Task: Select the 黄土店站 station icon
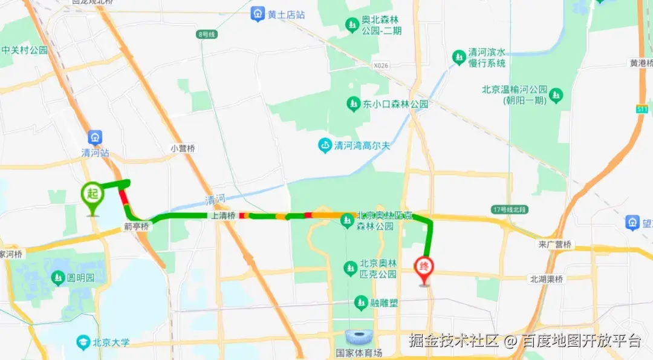[x=258, y=14]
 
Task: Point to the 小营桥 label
[x=184, y=148]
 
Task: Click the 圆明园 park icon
[x=58, y=278]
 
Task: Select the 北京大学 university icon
[x=82, y=342]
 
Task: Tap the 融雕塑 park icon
[x=362, y=301]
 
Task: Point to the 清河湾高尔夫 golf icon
[x=325, y=145]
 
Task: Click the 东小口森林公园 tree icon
[x=352, y=104]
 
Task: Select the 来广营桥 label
[x=554, y=244]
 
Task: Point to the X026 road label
[x=381, y=64]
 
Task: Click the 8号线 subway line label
[x=207, y=34]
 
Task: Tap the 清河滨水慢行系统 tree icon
[x=459, y=57]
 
